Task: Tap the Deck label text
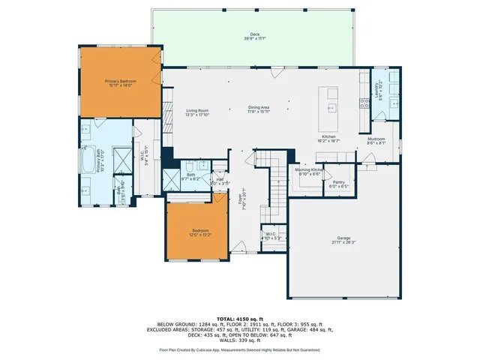[x=254, y=37]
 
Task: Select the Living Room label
[x=197, y=112]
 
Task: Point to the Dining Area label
[x=259, y=109]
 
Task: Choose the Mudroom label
[x=376, y=140]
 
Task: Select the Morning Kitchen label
[x=308, y=170]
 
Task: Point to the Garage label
[x=343, y=239]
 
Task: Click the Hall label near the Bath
[x=220, y=181]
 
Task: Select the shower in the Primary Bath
[x=118, y=157]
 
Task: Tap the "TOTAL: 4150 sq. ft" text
[x=239, y=319]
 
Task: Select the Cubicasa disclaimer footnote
[x=239, y=349]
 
